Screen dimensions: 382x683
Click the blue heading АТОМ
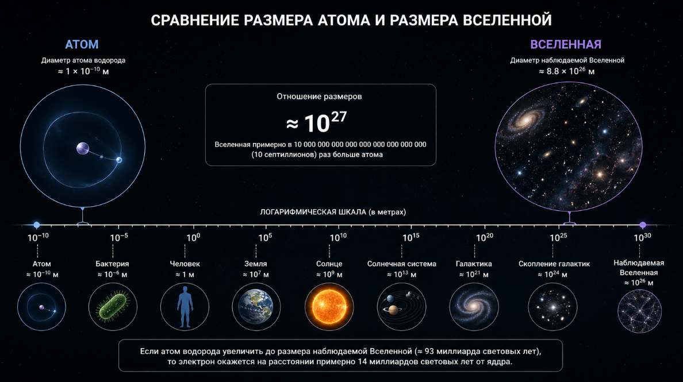(x=82, y=44)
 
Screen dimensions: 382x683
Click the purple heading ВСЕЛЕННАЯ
(x=566, y=44)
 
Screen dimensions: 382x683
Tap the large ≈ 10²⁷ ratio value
(x=317, y=122)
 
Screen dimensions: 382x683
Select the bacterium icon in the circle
(x=113, y=307)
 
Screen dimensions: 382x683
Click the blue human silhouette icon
(x=184, y=307)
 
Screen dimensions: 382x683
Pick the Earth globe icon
(x=256, y=307)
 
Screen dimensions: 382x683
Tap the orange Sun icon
(x=329, y=307)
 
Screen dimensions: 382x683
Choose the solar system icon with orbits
(x=401, y=307)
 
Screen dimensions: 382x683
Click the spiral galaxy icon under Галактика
(x=474, y=307)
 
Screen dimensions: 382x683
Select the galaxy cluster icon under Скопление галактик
(x=552, y=307)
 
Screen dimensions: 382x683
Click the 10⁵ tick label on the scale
(x=264, y=237)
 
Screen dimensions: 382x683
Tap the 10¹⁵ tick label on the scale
(x=410, y=237)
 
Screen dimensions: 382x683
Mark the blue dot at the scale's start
(x=37, y=225)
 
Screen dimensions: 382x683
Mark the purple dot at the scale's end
(x=643, y=225)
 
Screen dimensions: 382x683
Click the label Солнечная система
(x=401, y=264)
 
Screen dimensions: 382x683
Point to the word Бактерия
(x=112, y=264)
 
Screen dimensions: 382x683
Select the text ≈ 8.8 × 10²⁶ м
(x=566, y=71)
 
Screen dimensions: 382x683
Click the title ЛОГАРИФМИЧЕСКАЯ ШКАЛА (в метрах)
(x=333, y=212)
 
